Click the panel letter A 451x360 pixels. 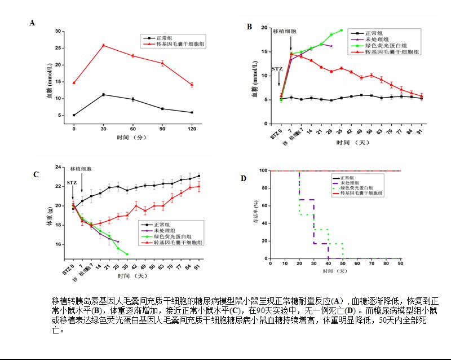click(32, 23)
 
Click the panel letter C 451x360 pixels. click(36, 174)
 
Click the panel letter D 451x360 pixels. click(244, 178)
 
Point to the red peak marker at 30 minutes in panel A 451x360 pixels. click(103, 45)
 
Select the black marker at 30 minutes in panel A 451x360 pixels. click(103, 95)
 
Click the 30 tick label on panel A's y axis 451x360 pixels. click(59, 31)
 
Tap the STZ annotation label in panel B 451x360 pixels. click(277, 69)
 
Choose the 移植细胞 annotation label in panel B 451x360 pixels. click(285, 32)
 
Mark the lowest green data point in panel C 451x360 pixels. click(127, 254)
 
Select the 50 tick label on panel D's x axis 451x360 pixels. click(343, 264)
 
